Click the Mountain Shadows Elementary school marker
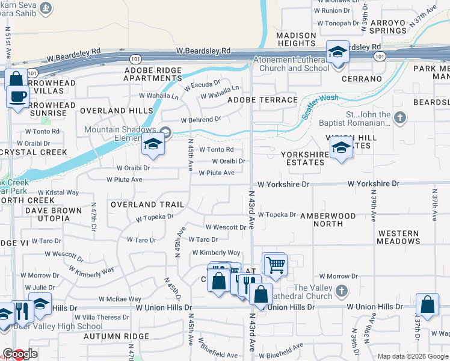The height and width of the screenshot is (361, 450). point(153,145)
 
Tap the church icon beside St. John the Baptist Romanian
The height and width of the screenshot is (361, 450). point(401,116)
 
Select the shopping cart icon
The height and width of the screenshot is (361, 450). point(276,265)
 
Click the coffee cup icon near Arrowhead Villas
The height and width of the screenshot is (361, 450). point(17,96)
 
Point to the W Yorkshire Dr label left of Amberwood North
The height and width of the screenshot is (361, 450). point(283,184)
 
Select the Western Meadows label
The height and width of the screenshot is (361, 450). point(398,237)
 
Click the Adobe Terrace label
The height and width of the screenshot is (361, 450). point(262,100)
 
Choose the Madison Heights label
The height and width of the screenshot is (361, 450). point(296,40)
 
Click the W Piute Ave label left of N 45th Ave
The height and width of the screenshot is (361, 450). point(124,179)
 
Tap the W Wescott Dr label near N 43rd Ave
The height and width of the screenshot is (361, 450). point(226,227)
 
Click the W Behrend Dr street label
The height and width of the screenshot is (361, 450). point(201,120)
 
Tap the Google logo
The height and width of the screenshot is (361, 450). point(20,354)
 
